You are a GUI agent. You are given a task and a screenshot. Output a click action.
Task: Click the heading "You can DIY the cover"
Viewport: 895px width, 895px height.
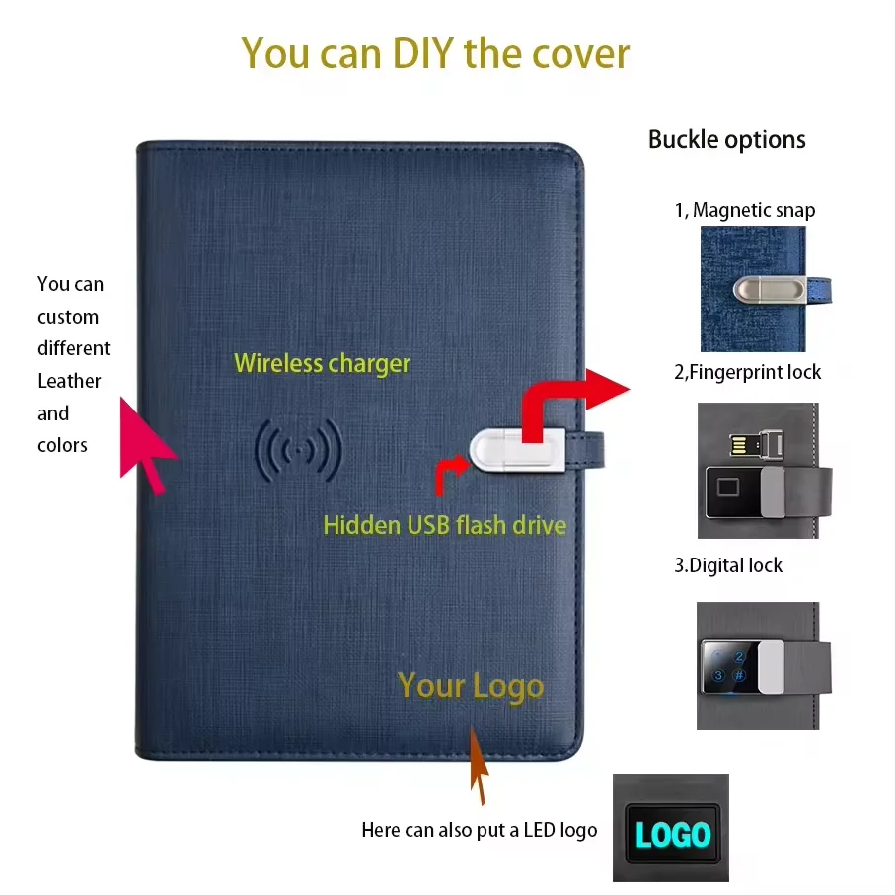point(435,52)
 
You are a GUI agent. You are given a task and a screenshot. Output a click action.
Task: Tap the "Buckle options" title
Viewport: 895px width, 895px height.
point(726,140)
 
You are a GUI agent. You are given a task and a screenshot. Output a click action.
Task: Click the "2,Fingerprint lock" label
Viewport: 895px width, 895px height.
point(747,372)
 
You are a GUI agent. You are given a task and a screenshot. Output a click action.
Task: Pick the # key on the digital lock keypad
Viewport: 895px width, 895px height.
point(739,676)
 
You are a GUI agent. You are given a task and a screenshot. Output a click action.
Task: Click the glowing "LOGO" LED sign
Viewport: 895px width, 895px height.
point(673,835)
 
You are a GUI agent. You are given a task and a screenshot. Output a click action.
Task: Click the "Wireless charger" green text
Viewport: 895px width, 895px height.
point(322,363)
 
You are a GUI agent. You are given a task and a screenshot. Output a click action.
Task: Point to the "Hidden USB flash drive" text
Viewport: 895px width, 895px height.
point(444,524)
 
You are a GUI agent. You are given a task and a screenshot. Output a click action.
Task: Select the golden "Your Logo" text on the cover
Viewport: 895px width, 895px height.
point(470,686)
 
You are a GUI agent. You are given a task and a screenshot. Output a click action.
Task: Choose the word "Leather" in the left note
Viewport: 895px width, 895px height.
point(69,381)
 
